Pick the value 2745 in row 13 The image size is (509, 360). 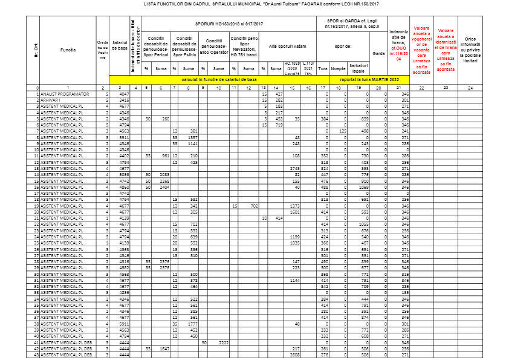(295, 168)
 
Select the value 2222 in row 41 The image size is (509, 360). (222, 342)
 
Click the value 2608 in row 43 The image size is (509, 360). (295, 355)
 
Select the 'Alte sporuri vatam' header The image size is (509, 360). (288, 45)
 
